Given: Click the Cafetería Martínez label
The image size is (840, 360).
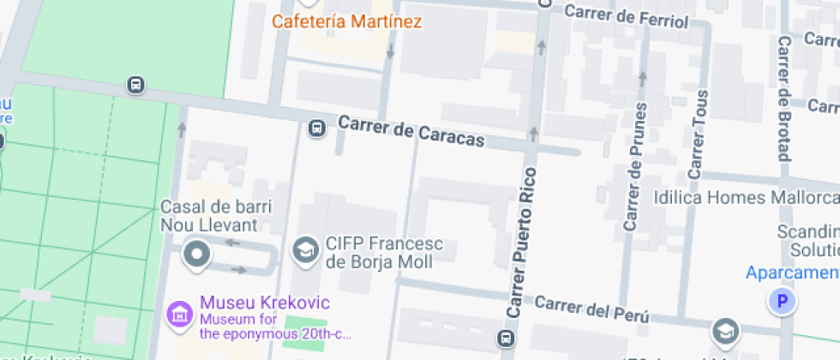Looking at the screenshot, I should pyautogui.click(x=346, y=21).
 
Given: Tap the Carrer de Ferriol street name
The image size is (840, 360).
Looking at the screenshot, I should pyautogui.click(x=627, y=15).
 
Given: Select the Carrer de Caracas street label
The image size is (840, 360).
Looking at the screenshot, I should pyautogui.click(x=411, y=131).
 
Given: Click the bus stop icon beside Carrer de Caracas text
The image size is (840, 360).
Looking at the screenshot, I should pyautogui.click(x=316, y=129).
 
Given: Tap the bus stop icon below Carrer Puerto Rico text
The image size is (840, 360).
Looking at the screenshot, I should pyautogui.click(x=508, y=336).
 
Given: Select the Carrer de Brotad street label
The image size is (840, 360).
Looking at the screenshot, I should pyautogui.click(x=783, y=99).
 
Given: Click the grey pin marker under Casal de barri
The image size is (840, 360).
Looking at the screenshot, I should pyautogui.click(x=198, y=254).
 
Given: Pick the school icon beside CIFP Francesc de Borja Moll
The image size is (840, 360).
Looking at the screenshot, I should pyautogui.click(x=303, y=250).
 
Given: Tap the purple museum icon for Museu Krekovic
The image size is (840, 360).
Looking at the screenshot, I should pyautogui.click(x=180, y=315).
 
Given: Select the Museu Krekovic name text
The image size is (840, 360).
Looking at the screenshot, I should pyautogui.click(x=264, y=303).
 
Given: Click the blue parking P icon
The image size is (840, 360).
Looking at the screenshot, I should pyautogui.click(x=781, y=301).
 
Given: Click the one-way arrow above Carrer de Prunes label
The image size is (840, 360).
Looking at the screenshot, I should pyautogui.click(x=642, y=81).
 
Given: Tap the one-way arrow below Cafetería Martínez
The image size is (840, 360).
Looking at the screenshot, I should pyautogui.click(x=391, y=51).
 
